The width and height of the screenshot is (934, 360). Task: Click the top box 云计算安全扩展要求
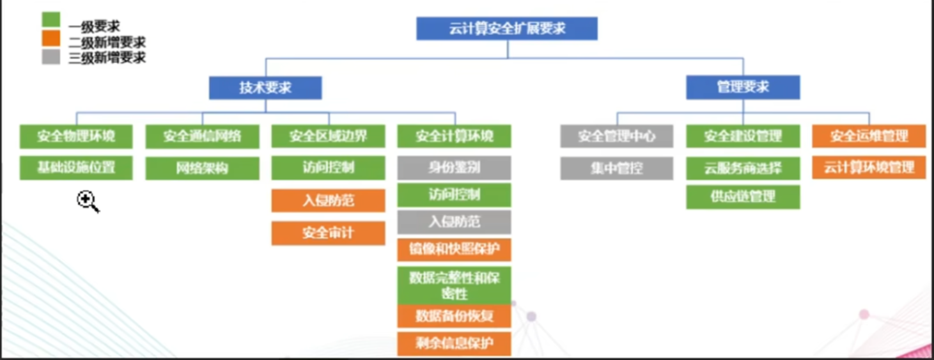tap(507, 29)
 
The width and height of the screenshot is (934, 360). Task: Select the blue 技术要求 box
tap(265, 88)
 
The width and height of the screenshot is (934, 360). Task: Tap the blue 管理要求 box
tap(743, 88)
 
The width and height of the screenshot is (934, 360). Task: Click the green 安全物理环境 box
tap(76, 136)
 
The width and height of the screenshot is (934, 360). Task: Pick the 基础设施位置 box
tap(76, 168)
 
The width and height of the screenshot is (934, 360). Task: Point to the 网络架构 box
tap(202, 169)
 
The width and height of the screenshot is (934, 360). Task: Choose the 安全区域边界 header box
tap(328, 136)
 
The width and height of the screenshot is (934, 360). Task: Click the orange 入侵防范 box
tap(328, 201)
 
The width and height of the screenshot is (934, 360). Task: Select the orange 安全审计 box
tap(328, 233)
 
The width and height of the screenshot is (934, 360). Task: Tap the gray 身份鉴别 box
tap(454, 168)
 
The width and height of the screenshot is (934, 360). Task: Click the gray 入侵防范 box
tap(454, 223)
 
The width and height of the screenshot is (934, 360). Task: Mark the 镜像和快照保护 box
tap(454, 249)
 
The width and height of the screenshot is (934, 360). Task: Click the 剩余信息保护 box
tap(454, 343)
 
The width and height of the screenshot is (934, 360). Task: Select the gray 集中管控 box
tap(617, 168)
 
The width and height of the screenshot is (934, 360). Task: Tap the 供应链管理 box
tap(743, 197)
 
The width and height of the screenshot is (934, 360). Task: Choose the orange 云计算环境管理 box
tap(869, 168)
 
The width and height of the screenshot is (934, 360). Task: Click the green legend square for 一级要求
tap(51, 20)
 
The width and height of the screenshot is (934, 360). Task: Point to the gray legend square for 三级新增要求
tap(51, 57)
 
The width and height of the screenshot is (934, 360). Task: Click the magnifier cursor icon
tap(87, 201)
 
